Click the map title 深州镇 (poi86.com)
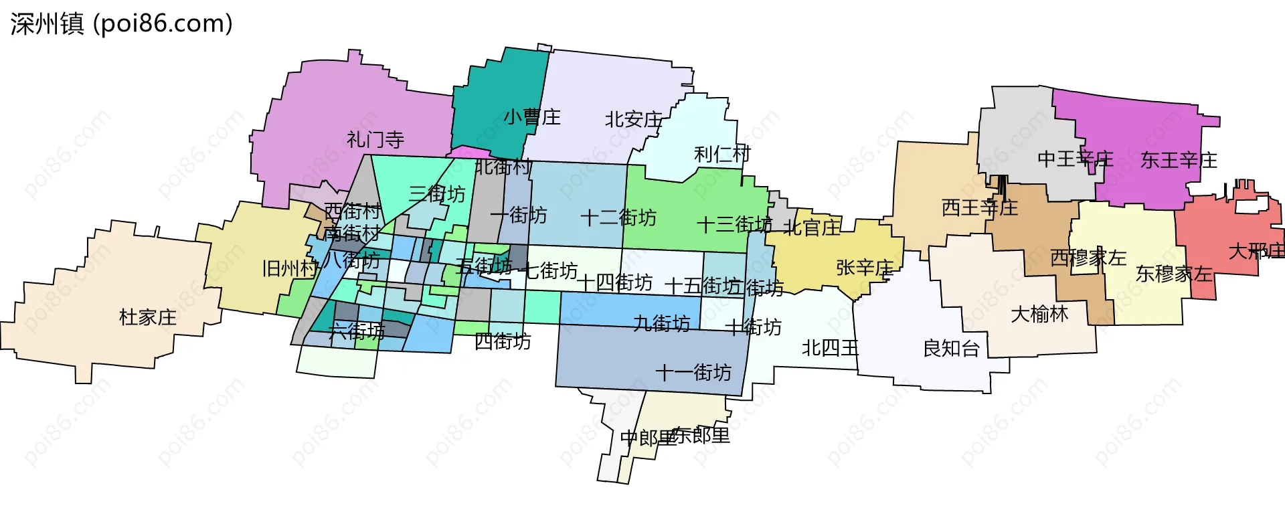pos(121,24)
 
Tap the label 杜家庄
pos(147,317)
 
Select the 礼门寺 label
pos(375,140)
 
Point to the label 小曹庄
pos(532,117)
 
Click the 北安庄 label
pos(633,120)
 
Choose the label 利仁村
pos(722,155)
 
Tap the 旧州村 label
pos(290,269)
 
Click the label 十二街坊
pos(618,217)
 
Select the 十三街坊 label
pos(734,224)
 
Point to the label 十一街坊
pos(693,372)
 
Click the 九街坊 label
pos(661,324)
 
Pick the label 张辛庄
pos(864,268)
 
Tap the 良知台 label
pos(951,349)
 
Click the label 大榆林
pos(1039,314)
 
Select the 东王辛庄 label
pos(1178,161)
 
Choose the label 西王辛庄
pos(979,207)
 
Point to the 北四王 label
pos(830,348)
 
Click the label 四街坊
pos(502,341)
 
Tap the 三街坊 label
pos(436,194)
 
